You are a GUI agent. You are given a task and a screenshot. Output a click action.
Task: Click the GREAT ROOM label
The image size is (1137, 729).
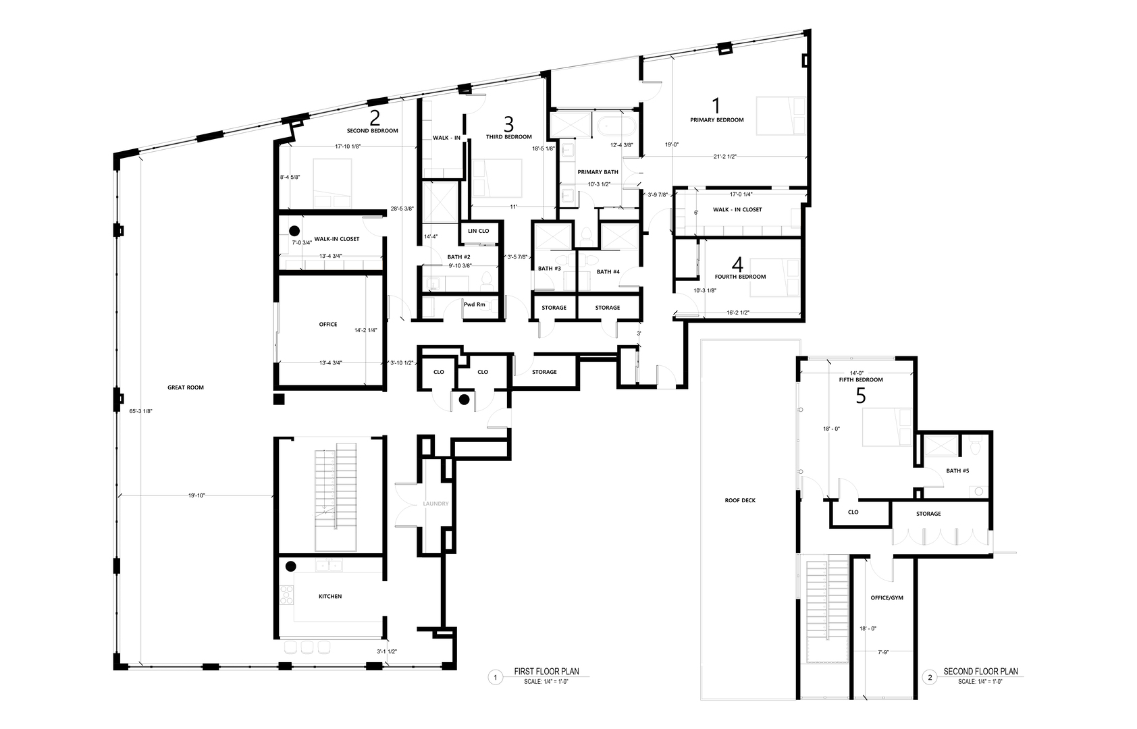click(186, 387)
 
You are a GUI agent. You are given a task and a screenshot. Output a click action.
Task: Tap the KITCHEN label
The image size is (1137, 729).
click(330, 597)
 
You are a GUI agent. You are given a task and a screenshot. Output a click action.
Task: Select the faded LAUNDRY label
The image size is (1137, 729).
click(435, 504)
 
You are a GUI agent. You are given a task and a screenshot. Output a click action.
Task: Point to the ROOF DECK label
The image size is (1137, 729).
click(740, 501)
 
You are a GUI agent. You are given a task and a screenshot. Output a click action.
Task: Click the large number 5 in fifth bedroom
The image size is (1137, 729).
click(861, 396)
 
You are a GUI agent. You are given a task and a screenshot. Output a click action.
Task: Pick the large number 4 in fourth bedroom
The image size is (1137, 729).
click(737, 265)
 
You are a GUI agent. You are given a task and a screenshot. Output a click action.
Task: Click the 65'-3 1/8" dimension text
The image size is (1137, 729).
click(140, 412)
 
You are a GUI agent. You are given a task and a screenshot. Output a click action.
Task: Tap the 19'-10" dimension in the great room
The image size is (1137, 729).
click(196, 495)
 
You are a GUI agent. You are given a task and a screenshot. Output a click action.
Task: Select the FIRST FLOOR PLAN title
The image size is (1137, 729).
click(546, 672)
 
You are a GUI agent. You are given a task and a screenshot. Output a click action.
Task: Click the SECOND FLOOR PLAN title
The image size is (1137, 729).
click(980, 672)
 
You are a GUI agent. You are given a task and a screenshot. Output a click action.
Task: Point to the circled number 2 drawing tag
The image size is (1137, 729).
click(930, 678)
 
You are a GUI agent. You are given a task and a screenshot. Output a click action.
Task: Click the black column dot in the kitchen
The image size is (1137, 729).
click(291, 566)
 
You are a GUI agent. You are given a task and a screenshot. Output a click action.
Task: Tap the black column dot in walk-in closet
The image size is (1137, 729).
click(294, 231)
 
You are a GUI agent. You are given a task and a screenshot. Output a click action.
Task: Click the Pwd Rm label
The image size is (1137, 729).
click(474, 304)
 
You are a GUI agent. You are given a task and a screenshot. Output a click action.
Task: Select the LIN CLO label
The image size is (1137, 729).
click(479, 231)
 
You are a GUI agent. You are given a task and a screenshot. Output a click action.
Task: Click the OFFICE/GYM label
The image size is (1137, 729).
click(887, 598)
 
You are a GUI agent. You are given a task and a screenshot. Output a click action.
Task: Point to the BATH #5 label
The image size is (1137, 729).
click(958, 470)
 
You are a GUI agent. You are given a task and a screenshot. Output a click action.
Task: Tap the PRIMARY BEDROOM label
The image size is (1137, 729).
click(717, 120)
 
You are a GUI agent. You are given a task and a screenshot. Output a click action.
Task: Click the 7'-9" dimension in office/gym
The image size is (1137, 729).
click(884, 653)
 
